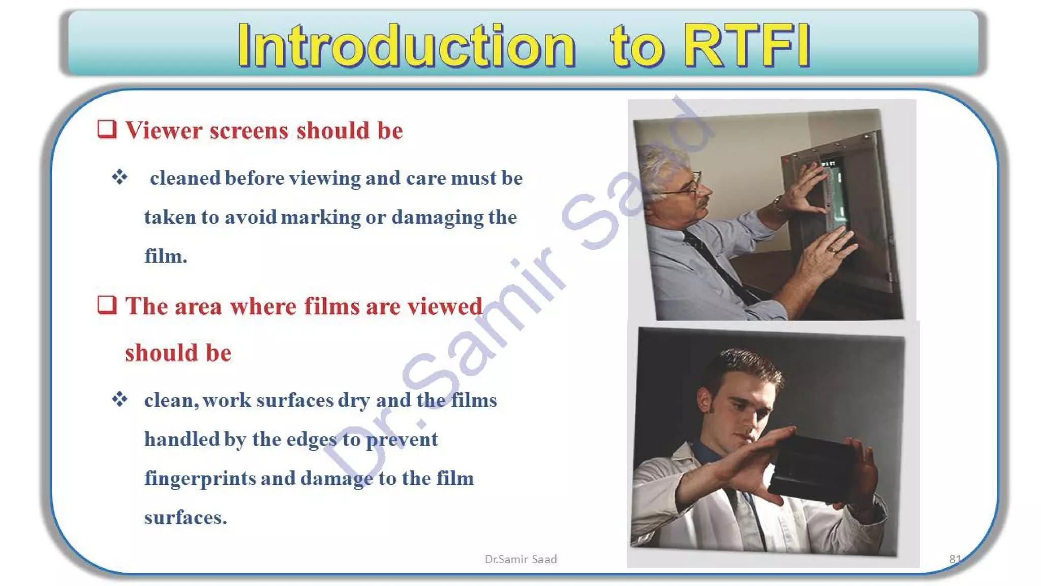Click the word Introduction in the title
(407, 46)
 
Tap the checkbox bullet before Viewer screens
(107, 129)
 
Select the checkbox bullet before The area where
(107, 305)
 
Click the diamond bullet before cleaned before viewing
(120, 177)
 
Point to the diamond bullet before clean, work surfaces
(120, 399)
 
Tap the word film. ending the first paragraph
(166, 256)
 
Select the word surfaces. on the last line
(186, 518)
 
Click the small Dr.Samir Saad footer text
(520, 559)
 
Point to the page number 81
(955, 559)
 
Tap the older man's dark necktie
(712, 259)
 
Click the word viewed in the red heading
(445, 307)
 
